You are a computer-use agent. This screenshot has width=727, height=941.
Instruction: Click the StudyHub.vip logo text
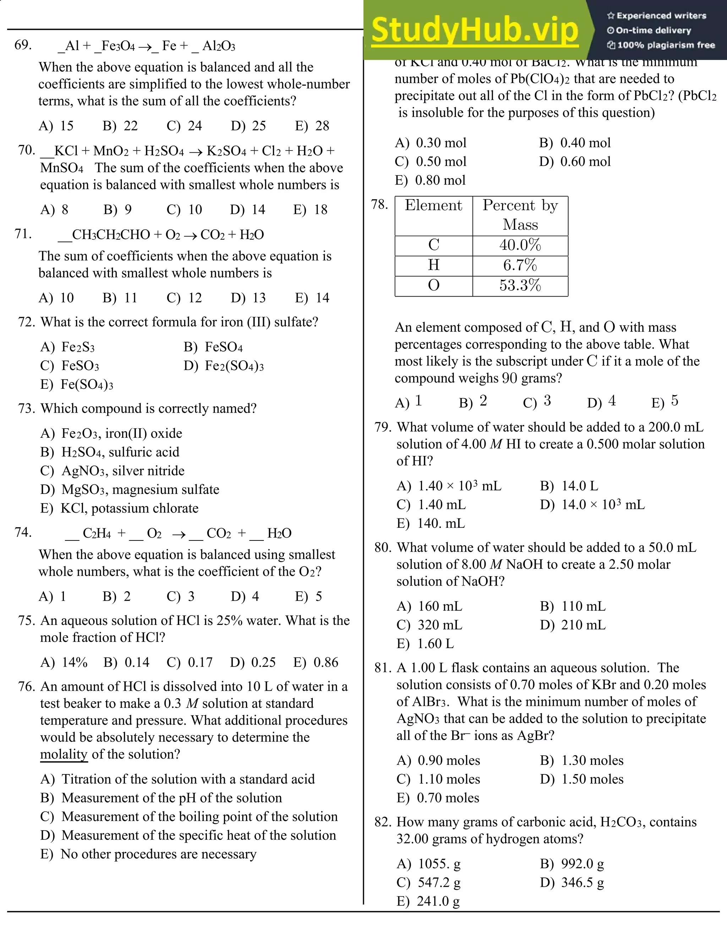coord(475,30)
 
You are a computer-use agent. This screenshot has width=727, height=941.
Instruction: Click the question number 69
coord(23,45)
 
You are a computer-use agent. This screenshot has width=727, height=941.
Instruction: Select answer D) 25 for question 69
coord(248,126)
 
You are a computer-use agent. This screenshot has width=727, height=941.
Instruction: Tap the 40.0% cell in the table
coord(520,245)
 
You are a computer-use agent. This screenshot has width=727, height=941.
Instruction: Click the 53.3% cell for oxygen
coord(520,285)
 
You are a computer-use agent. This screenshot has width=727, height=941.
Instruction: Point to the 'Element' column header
coord(433,205)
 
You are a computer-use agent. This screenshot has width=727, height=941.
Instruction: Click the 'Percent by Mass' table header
coord(520,214)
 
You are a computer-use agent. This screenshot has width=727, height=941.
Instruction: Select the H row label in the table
coord(433,265)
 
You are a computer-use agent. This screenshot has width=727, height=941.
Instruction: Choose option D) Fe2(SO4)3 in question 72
coord(224,366)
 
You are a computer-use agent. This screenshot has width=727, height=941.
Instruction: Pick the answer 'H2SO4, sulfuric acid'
coord(120,452)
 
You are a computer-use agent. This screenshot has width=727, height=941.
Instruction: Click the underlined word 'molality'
coord(64,754)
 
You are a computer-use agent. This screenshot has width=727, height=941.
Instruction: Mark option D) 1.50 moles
coord(582,779)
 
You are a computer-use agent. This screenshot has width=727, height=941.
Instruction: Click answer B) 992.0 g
coord(572,864)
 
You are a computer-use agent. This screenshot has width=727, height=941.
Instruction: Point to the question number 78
coord(379,204)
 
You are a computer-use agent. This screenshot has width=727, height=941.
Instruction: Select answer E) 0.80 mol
coord(430,180)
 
